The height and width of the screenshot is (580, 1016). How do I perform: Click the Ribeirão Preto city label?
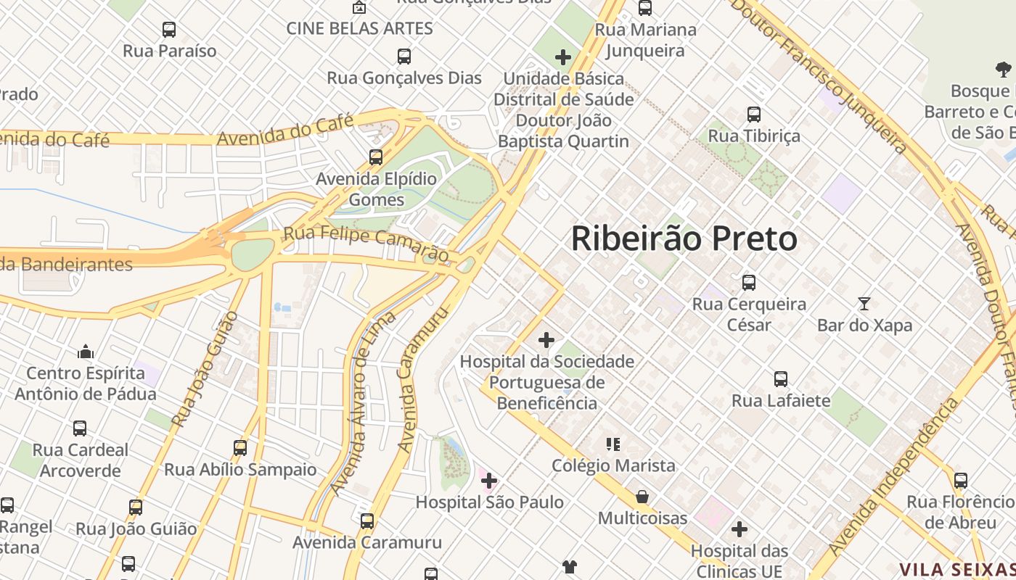[684, 239]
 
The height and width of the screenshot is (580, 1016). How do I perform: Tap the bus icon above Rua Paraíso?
[169, 30]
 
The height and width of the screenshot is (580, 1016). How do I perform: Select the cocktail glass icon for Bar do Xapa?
[864, 304]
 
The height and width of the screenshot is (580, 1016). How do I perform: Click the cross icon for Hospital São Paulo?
[489, 480]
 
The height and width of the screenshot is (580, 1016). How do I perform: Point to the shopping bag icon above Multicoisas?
[642, 497]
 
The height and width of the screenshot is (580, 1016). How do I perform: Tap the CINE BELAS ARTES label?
[359, 28]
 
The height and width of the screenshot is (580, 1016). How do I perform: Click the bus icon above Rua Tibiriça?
[754, 114]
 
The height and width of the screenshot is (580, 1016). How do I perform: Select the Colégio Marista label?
[613, 465]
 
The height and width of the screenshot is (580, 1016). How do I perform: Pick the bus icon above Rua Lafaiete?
[781, 378]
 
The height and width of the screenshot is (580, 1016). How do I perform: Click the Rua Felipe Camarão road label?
[366, 244]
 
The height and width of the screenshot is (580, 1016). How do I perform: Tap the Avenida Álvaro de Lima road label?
[362, 403]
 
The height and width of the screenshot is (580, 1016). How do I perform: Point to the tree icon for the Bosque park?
[1004, 70]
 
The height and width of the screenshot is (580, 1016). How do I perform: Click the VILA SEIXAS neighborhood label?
[956, 570]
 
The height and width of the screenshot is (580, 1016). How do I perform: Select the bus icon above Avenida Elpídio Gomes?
[376, 157]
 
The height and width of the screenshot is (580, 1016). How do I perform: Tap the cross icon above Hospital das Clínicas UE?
[740, 529]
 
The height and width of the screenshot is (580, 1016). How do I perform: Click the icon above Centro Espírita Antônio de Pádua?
[86, 352]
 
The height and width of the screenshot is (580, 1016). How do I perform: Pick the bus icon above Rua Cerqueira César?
[749, 282]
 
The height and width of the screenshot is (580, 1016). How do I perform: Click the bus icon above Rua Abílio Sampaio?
[240, 447]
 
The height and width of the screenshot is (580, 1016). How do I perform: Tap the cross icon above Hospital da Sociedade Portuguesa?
[546, 339]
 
